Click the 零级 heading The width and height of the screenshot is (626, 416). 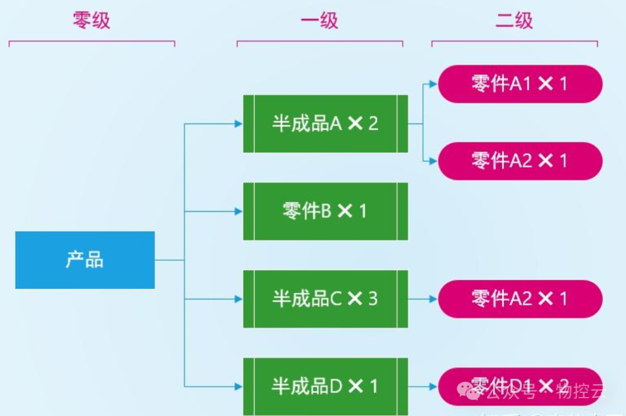point(92,21)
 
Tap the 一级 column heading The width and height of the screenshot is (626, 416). point(319,21)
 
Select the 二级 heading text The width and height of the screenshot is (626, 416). point(514,21)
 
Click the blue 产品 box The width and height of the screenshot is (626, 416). point(85,260)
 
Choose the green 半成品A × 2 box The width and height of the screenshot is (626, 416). point(325,123)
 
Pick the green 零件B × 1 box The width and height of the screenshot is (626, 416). point(325,211)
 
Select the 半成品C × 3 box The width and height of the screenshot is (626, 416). point(325,298)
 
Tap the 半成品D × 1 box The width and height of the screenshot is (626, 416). point(325,386)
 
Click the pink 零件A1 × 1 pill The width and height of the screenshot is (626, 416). point(520,84)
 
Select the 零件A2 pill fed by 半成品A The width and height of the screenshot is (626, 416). point(520,160)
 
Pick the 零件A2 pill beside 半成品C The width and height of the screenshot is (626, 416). point(520,299)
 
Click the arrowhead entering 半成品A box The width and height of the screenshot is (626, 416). point(238,123)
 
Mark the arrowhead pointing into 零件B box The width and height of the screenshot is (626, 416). point(238,211)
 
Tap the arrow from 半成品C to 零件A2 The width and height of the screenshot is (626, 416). point(423,299)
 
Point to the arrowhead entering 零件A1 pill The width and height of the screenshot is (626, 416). point(434,84)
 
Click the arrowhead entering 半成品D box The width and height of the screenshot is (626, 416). point(238,386)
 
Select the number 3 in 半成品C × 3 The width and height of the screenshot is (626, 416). point(373,298)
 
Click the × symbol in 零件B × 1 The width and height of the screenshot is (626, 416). point(345,211)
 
